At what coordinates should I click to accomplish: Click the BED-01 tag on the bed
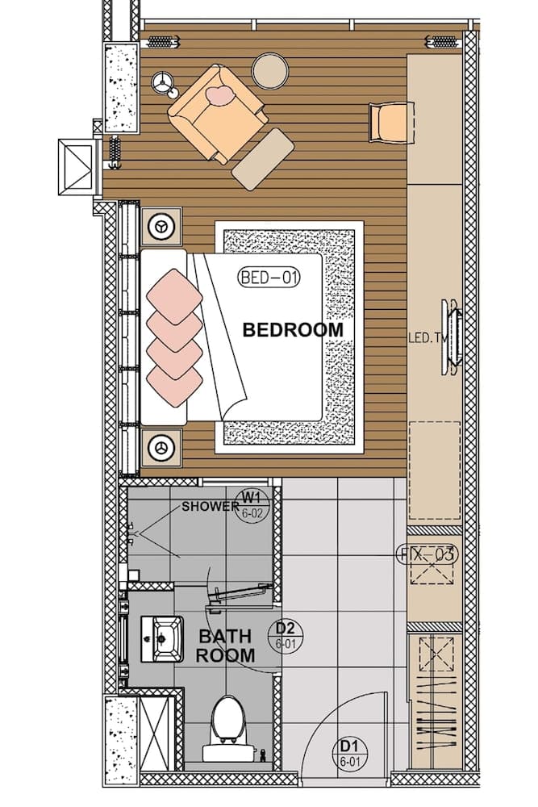(x=269, y=278)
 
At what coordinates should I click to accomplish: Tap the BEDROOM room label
(x=293, y=330)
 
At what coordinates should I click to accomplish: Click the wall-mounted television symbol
(x=452, y=337)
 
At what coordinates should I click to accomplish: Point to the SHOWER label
(x=210, y=507)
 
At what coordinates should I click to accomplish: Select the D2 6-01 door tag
(x=285, y=634)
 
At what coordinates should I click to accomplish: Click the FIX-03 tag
(x=427, y=554)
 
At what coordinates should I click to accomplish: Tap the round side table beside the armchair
(x=270, y=71)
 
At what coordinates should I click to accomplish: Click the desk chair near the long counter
(x=389, y=122)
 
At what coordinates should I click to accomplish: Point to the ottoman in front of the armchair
(x=263, y=159)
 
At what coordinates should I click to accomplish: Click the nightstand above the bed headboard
(x=162, y=227)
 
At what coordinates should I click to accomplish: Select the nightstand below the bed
(x=162, y=446)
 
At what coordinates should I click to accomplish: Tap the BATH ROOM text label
(x=226, y=646)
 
